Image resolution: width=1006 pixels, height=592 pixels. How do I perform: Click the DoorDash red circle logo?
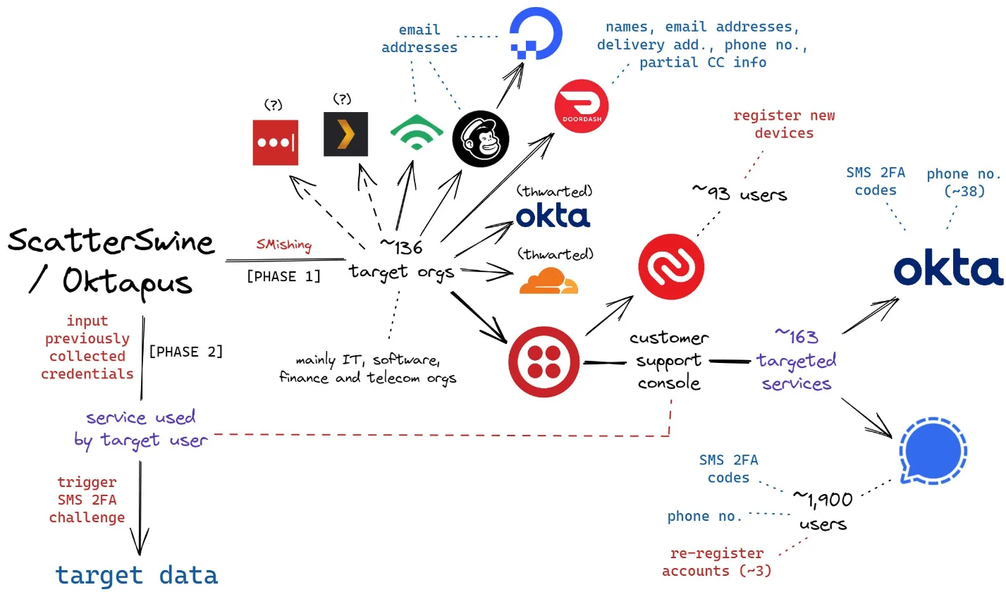[x=582, y=105]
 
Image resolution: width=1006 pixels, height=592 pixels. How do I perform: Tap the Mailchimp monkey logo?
[x=479, y=138]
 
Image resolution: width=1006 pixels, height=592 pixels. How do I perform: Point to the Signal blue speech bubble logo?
[x=933, y=450]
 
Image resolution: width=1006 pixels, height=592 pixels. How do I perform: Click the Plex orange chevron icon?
[x=345, y=134]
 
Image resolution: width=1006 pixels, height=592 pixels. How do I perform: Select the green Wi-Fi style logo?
[x=417, y=132]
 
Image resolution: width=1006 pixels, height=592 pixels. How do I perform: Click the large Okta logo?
[x=948, y=271]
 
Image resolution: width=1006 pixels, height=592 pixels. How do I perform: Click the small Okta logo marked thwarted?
[x=553, y=216]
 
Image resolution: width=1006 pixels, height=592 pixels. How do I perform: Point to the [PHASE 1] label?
[x=283, y=276]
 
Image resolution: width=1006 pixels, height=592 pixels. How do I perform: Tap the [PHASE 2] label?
[x=185, y=351]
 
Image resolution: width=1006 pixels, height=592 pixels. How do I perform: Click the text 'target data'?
[x=137, y=574]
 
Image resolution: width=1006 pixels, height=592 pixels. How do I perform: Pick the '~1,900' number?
[x=823, y=499]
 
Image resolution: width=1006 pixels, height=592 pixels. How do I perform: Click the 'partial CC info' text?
[x=702, y=62]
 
